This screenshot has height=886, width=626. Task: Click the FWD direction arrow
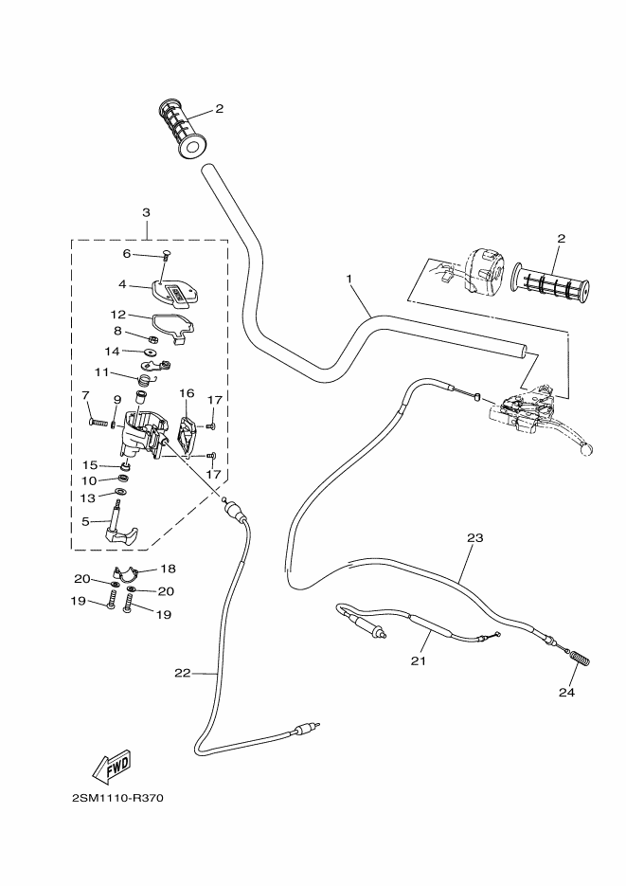coord(112,764)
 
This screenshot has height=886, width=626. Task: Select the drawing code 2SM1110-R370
coord(117,797)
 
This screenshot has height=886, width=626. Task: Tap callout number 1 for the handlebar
coord(349,280)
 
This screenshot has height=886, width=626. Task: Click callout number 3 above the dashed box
coord(147,213)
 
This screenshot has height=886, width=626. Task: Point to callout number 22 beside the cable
coord(183,673)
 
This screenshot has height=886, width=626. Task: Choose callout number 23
coord(475,538)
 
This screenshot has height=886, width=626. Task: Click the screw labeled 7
coord(98,422)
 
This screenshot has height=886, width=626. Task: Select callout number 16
coord(187,392)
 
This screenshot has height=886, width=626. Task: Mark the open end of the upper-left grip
coord(194,145)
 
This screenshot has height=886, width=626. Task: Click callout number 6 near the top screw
coord(127,254)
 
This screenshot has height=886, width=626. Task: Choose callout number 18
coord(168,569)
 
